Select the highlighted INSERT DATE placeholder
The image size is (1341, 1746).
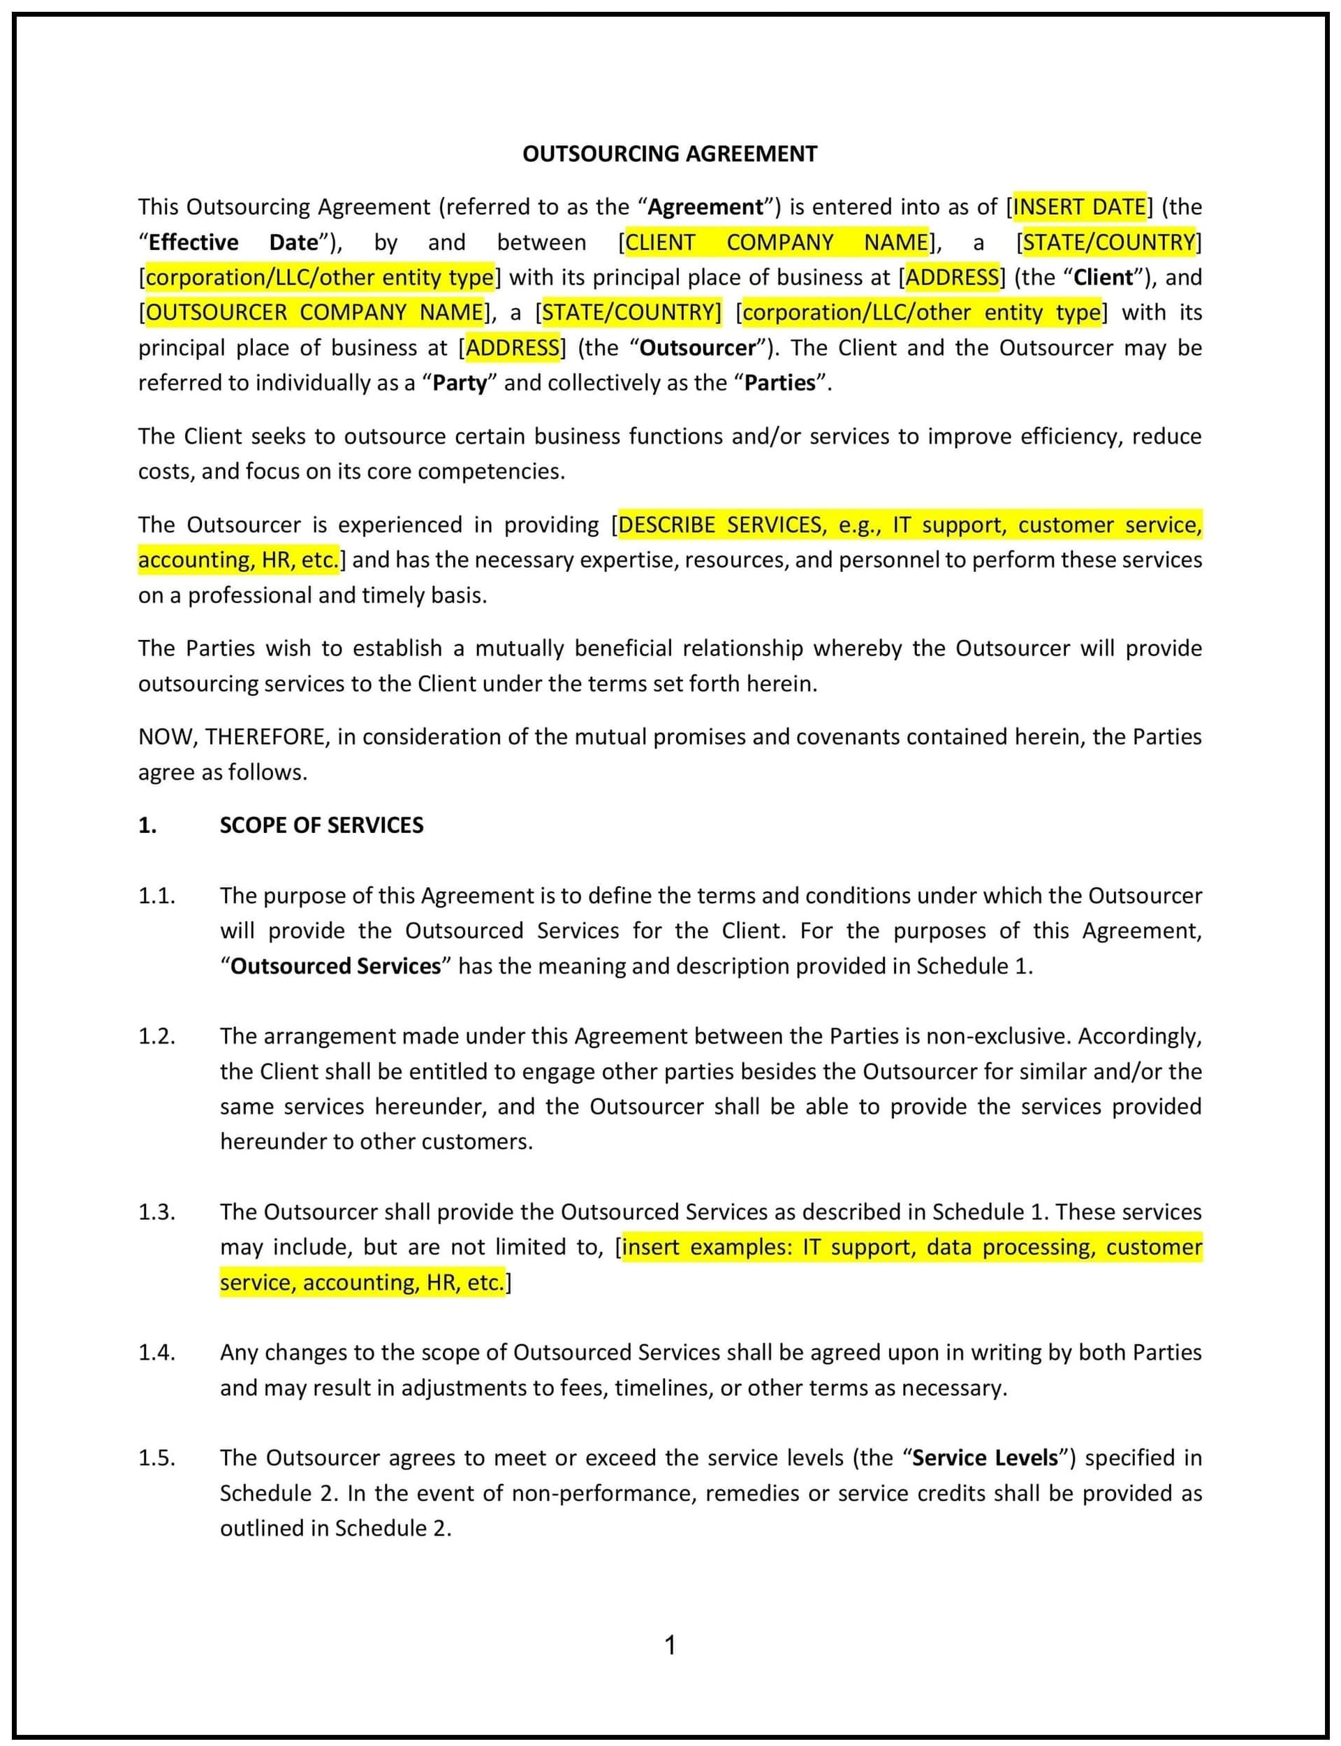pos(1079,207)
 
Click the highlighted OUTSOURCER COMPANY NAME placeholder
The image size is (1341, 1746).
pos(314,312)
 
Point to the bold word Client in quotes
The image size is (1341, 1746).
pos(1103,277)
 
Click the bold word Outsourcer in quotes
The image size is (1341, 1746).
pos(697,348)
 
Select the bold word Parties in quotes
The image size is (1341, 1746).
pos(780,383)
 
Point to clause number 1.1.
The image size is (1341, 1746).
pos(156,896)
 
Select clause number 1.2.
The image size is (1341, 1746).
pos(156,1036)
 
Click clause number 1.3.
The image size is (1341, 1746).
pos(156,1212)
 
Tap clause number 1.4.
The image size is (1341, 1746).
pos(156,1353)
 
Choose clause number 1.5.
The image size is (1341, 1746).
pos(156,1457)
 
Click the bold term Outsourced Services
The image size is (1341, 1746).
pos(335,966)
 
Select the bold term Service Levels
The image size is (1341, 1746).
pos(985,1457)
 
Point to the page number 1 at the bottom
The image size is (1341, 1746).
pos(670,1645)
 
